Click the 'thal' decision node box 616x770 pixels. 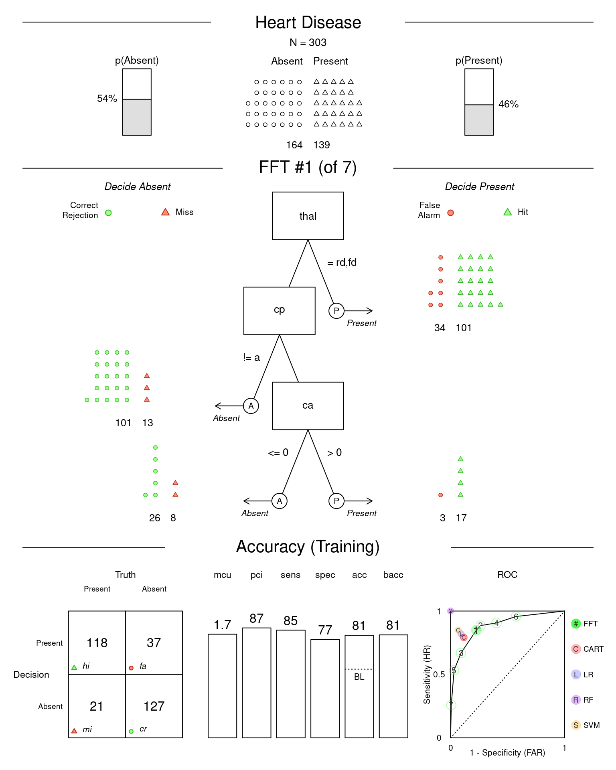(x=308, y=216)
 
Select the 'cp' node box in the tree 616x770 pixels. (x=279, y=310)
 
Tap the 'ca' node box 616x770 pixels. (x=308, y=405)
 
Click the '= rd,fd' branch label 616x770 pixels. (x=342, y=262)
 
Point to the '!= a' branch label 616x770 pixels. (x=251, y=357)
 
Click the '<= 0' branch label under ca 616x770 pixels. (x=278, y=452)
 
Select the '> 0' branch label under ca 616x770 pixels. (x=334, y=452)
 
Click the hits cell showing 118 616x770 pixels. (x=97, y=642)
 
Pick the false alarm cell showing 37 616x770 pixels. (x=154, y=642)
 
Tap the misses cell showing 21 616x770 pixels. (x=97, y=706)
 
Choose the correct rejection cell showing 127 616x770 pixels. (x=154, y=706)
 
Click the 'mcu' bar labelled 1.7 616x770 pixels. (x=222, y=685)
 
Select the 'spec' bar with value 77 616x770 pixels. (x=325, y=688)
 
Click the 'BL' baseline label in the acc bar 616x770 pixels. (x=359, y=677)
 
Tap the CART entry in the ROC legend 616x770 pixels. (x=588, y=649)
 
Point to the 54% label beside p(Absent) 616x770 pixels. (x=107, y=99)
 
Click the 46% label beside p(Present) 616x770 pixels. (x=508, y=104)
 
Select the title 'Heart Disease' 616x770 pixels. (x=308, y=22)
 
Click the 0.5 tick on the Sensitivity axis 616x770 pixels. (x=439, y=675)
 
